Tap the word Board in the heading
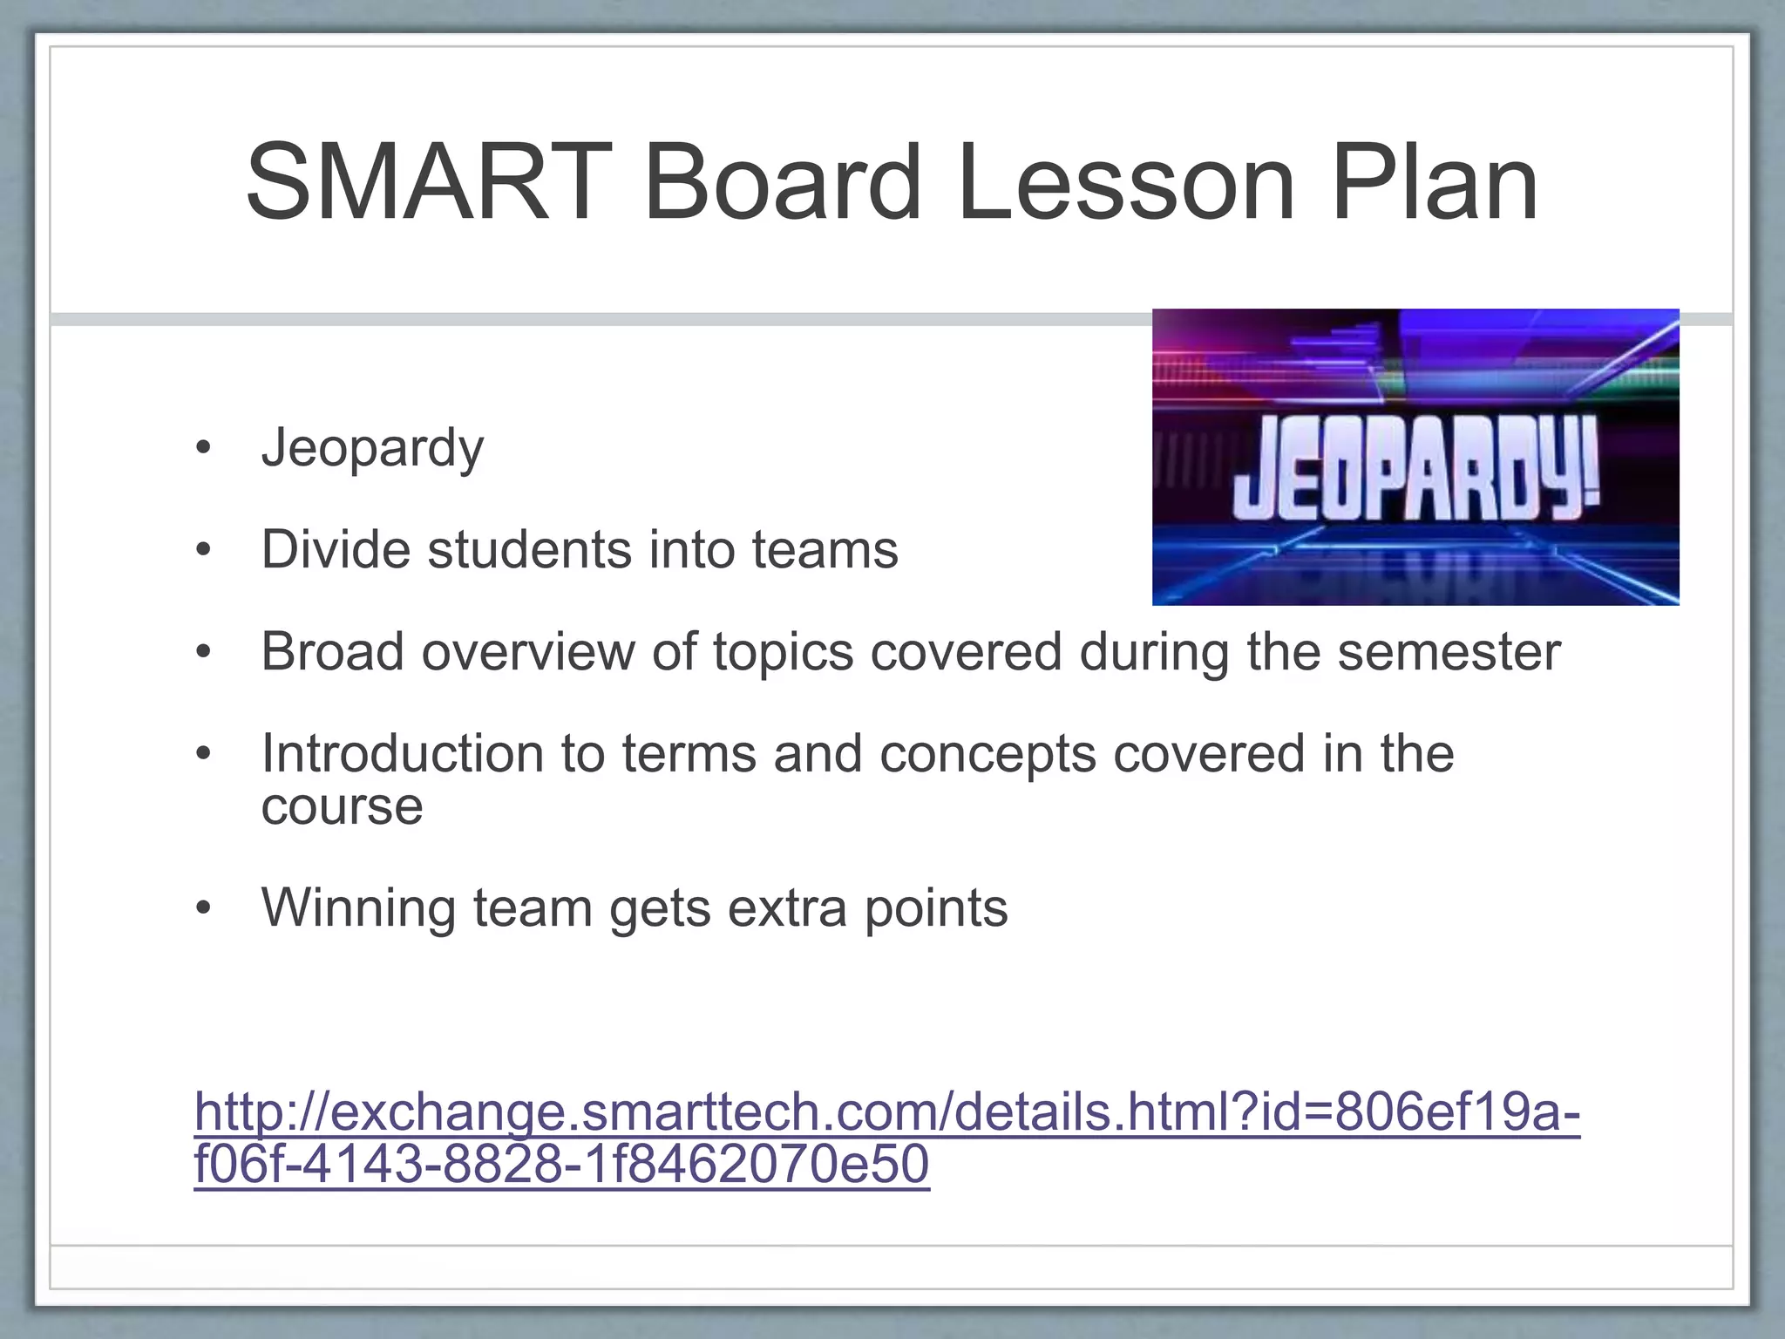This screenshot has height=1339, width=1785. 782,183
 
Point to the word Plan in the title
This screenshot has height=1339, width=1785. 1435,183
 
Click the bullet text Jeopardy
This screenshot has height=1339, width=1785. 372,449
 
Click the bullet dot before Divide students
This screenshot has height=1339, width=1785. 204,550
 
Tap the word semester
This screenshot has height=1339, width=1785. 1449,652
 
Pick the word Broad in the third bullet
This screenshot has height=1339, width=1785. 332,652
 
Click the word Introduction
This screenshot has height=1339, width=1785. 402,753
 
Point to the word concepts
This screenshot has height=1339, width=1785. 987,753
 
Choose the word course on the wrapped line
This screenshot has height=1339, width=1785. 342,806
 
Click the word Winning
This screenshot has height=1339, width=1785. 358,908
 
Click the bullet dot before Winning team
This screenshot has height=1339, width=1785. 204,908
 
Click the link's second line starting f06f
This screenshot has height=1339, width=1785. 561,1165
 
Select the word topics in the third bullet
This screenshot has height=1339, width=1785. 783,652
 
